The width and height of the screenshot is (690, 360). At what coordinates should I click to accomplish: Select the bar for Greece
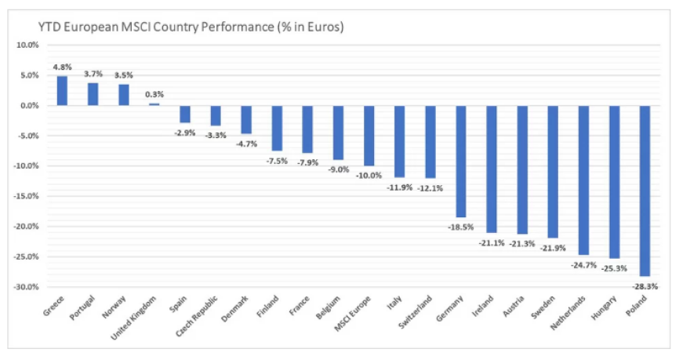pos(62,91)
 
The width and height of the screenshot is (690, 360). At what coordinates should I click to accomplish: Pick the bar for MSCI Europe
pos(369,136)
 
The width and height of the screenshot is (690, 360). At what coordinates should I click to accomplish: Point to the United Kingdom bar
pos(154,104)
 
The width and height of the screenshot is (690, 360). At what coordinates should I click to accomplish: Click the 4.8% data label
pos(61,67)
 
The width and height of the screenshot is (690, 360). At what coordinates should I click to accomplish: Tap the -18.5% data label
pos(460,227)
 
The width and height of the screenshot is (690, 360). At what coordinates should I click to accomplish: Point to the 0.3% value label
pos(154,95)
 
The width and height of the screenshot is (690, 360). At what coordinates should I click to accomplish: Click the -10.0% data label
pos(368,176)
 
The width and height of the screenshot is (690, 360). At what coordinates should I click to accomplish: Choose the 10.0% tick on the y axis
pos(27,45)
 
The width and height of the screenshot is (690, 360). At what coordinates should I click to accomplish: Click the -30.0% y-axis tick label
pos(26,287)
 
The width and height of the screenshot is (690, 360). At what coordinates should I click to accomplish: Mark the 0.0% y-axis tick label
pos(29,105)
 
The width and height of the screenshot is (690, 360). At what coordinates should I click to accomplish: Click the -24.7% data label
pos(583,264)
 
